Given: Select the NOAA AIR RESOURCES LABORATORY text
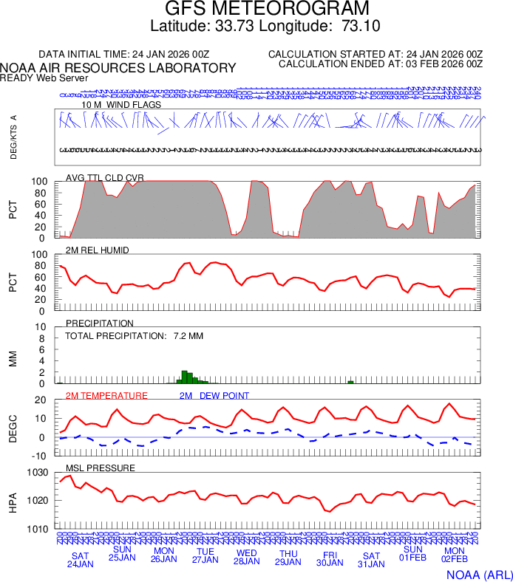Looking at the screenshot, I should pos(118,68).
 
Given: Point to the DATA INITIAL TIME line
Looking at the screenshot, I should pos(123,55).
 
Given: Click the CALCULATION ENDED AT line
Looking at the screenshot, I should pos(380,64).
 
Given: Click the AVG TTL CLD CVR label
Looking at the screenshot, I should pos(105,178).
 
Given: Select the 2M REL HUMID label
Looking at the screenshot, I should pos(97,250).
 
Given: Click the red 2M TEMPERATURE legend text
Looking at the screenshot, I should pos(106,396).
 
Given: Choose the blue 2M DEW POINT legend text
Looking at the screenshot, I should pos(214,396).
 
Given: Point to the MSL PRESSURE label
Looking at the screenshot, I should pos(101,468).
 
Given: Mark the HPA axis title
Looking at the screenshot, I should pos(13,501).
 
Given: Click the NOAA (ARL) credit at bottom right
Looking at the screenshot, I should pos(479,574).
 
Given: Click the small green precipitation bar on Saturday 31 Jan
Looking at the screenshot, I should pos(350,381).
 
